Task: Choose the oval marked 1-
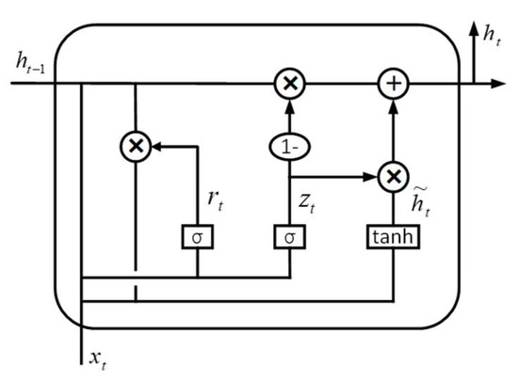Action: (289, 146)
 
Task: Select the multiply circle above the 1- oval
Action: (289, 84)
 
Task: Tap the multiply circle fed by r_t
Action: (137, 146)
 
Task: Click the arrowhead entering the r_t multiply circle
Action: (157, 146)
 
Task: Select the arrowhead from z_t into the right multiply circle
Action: (370, 175)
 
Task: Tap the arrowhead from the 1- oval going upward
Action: (289, 103)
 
